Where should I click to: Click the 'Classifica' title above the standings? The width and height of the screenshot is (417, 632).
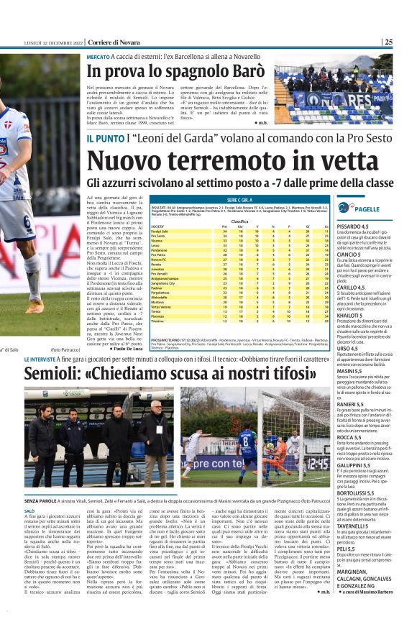240,221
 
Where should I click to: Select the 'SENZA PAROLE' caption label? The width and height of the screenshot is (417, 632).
40,498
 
